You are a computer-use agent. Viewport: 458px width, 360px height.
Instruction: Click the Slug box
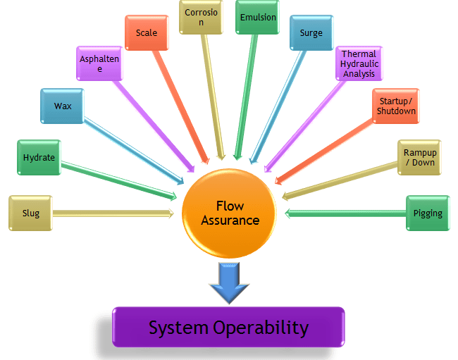tap(30, 213)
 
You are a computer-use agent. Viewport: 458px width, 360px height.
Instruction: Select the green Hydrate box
tap(39, 158)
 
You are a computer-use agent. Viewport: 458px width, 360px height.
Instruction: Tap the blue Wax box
tap(63, 106)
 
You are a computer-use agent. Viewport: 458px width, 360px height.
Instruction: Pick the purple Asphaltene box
tap(99, 64)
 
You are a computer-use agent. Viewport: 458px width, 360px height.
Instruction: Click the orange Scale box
tap(147, 33)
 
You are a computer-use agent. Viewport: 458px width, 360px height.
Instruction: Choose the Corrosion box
tap(202, 17)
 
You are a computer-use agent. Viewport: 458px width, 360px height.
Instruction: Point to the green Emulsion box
tap(257, 18)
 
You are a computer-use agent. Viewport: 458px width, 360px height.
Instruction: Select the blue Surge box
tap(311, 33)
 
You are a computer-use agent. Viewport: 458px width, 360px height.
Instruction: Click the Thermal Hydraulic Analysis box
tap(359, 64)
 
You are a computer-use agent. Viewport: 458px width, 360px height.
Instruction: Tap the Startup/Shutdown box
tap(396, 106)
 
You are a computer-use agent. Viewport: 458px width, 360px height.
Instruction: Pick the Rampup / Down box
tap(419, 157)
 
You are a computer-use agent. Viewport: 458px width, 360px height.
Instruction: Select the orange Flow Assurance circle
tap(230, 213)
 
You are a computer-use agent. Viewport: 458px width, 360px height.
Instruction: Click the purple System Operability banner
tap(228, 328)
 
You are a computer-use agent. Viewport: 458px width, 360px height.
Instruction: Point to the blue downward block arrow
tap(230, 280)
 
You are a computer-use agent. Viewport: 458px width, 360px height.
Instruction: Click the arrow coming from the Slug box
tap(113, 213)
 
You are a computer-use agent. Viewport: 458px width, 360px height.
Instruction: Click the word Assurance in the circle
tap(230, 221)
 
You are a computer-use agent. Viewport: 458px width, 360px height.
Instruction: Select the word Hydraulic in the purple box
tap(359, 64)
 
